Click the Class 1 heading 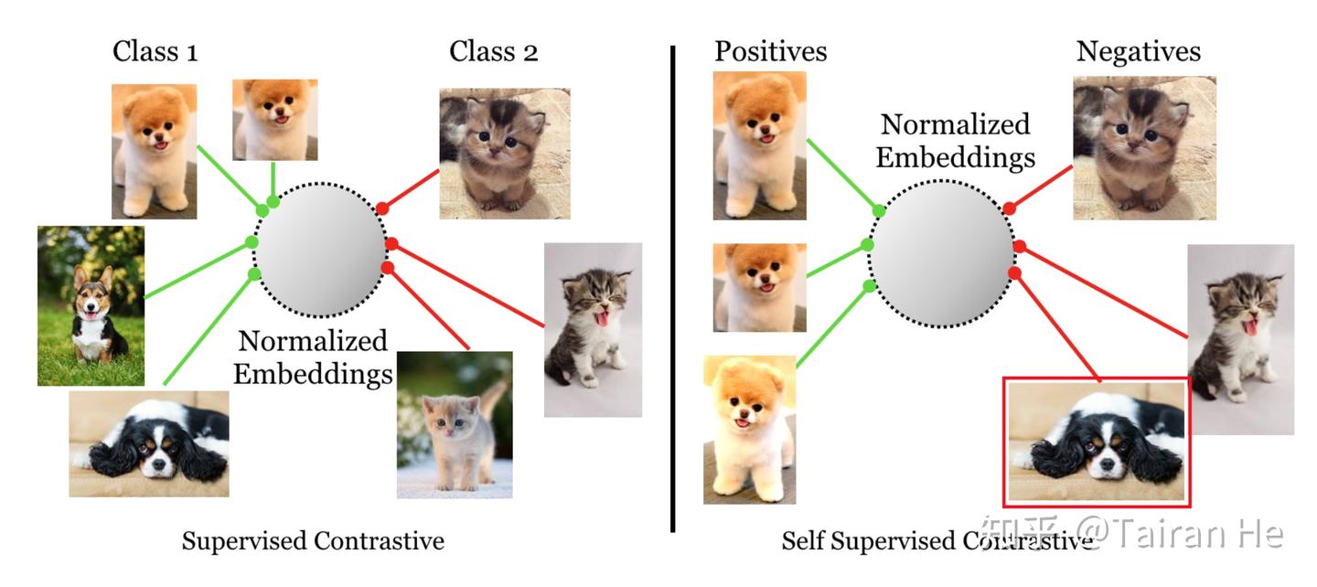point(155,52)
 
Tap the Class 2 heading point(493,52)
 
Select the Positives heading point(770,51)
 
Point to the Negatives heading point(1138,51)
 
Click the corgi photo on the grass point(91,305)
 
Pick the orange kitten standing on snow point(455,424)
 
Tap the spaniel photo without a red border point(149,443)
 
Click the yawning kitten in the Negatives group point(1240,338)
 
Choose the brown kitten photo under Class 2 point(505,154)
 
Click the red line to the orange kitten point(428,308)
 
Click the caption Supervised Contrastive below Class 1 point(313,541)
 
